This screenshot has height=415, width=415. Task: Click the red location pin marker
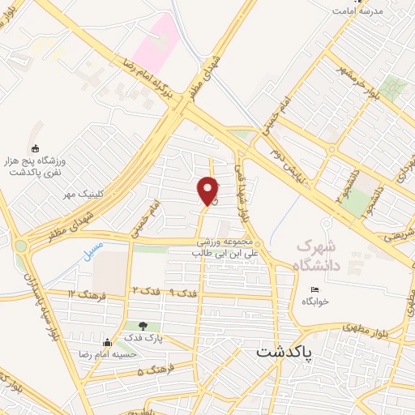click(208, 190)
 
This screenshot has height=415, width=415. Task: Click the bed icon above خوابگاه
click(316, 290)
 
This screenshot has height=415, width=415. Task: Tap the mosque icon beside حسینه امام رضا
click(107, 341)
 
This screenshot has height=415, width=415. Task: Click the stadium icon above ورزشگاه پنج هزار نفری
click(34, 148)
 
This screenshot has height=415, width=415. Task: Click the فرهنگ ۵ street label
click(153, 371)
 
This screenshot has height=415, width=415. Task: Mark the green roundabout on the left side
click(19, 245)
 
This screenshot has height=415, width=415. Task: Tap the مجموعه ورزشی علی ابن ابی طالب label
click(230, 247)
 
